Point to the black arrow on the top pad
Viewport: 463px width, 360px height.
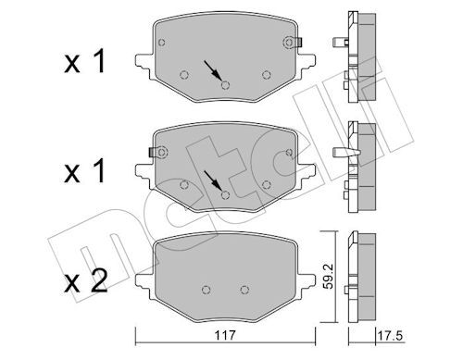214,70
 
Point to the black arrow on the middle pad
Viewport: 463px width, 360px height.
214,180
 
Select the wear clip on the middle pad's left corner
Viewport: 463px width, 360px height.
156,149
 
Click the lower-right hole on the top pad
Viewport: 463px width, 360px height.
266,75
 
